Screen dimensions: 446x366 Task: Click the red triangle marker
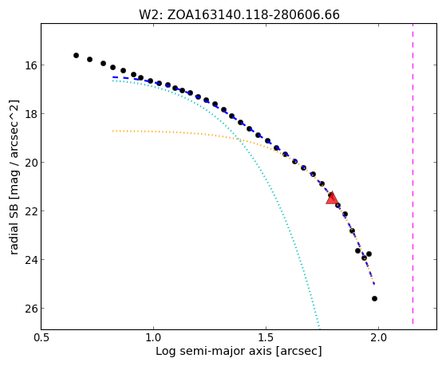tap(332, 199)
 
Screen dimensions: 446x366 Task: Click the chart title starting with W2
tap(239, 15)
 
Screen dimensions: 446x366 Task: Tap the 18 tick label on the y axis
tap(31, 114)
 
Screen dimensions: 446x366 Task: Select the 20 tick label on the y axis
tap(31, 163)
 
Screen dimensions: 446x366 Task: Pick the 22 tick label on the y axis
tap(31, 211)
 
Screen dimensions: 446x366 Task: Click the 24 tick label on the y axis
tap(31, 260)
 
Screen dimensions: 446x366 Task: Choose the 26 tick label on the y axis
tap(31, 309)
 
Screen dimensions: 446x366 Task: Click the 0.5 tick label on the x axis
tap(41, 337)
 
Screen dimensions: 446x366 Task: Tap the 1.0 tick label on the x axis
tap(154, 337)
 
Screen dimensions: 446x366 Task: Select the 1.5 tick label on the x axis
tap(266, 337)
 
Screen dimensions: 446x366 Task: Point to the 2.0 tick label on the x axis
tap(379, 337)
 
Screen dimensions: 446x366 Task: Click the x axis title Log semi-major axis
tap(239, 351)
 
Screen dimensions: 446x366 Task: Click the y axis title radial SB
tap(14, 177)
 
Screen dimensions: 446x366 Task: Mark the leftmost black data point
tap(76, 55)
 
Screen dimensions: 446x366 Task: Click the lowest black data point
tap(374, 298)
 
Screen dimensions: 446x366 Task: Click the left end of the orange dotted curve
tap(113, 131)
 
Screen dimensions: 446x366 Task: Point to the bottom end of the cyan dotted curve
tap(320, 329)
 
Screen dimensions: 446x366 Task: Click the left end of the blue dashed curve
tap(113, 77)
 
